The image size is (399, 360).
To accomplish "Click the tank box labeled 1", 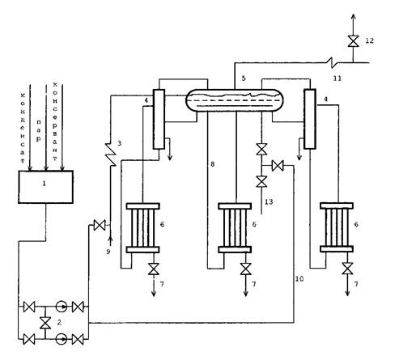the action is (45, 187).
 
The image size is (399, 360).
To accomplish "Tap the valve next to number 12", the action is (353, 41).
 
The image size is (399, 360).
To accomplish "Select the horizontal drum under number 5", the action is (235, 100).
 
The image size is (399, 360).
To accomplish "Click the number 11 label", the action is (337, 78).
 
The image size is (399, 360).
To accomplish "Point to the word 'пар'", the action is (39, 131).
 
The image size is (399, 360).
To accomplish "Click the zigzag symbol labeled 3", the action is (112, 155).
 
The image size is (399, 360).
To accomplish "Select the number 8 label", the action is (213, 164).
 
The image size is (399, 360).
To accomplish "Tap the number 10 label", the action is (299, 278).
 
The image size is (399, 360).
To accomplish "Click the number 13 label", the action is (269, 201).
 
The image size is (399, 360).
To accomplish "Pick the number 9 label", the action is (108, 252).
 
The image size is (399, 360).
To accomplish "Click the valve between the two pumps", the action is (45, 323).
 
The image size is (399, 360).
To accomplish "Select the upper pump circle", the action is (62, 307).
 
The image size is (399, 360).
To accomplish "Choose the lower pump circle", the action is (62, 339).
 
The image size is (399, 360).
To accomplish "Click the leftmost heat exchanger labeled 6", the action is (143, 228).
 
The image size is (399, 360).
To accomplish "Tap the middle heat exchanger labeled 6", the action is (235, 228).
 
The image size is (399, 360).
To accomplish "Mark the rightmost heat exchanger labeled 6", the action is (337, 227).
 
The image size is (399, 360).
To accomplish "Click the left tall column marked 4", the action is (159, 119).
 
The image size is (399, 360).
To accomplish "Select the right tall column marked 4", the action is (310, 119).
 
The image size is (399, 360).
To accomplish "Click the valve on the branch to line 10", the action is (278, 166).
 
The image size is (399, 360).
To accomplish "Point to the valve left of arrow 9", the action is (100, 225).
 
